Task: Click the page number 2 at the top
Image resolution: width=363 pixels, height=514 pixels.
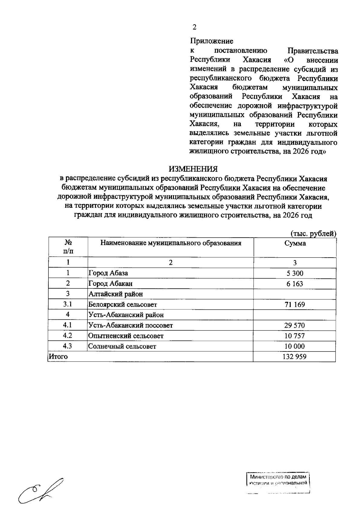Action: click(195, 27)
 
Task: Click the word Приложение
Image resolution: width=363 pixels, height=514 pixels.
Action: click(211, 41)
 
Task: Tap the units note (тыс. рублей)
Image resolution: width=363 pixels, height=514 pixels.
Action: click(313, 234)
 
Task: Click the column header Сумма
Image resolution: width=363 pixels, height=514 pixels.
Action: click(295, 243)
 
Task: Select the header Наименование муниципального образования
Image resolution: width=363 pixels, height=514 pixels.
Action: click(171, 243)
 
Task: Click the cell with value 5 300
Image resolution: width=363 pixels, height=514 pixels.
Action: click(295, 273)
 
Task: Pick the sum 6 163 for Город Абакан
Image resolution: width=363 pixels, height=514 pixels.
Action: click(295, 284)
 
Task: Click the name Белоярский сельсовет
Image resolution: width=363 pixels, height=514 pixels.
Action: click(123, 305)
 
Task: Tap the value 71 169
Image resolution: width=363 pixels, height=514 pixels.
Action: click(295, 305)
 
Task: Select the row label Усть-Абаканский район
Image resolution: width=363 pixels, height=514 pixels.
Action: click(126, 315)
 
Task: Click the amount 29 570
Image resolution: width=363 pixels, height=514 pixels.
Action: click(295, 325)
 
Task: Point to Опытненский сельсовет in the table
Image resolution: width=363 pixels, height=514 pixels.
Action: click(126, 336)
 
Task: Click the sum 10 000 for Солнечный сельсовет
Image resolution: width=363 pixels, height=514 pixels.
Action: click(295, 346)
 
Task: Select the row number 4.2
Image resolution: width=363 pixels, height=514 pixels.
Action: click(68, 336)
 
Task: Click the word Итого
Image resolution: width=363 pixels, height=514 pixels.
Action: click(58, 357)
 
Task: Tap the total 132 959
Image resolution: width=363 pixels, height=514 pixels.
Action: click(295, 357)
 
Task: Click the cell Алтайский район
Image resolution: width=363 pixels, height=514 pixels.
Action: click(116, 294)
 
